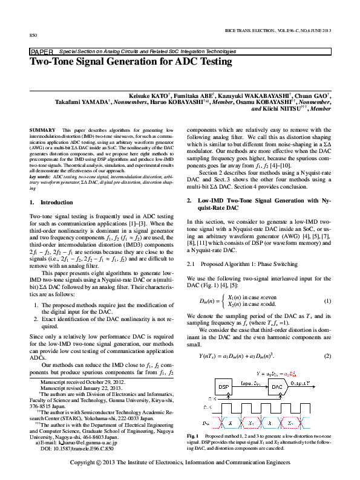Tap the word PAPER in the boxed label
pos(41,52)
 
